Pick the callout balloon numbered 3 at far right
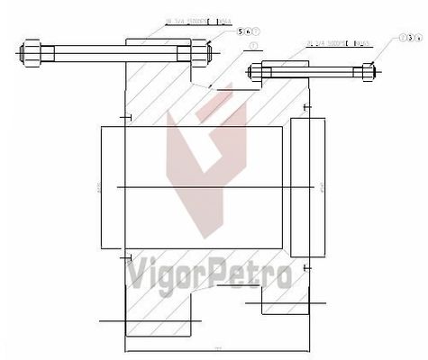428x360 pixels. click(x=402, y=37)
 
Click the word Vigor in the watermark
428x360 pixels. click(x=168, y=274)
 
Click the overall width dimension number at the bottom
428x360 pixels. click(x=217, y=346)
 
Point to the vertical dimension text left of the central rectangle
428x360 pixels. click(x=96, y=189)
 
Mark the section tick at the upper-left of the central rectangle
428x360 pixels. click(x=129, y=119)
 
